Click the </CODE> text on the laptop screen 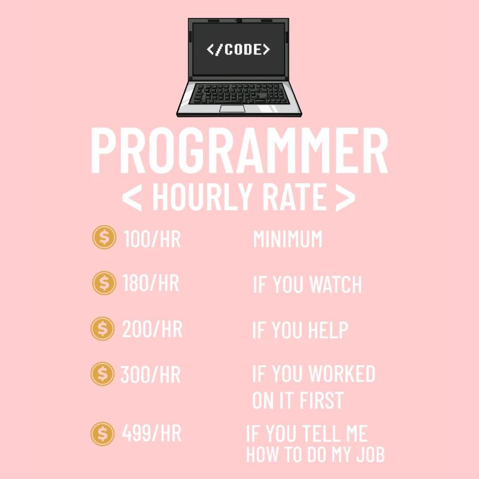tap(238, 49)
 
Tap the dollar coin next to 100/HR tap(104, 238)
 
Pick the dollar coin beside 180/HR tap(104, 283)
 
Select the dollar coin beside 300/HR tap(102, 374)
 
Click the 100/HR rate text tap(152, 239)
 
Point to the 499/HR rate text tap(151, 433)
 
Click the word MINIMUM tap(287, 239)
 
